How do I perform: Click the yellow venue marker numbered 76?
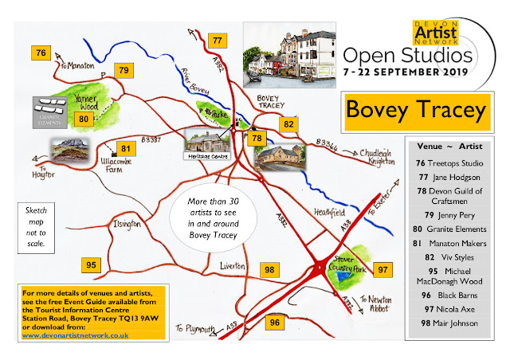(x=41, y=53)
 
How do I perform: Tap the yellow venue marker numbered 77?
(x=216, y=41)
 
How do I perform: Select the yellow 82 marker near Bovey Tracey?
(x=288, y=124)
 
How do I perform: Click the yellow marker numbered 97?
(x=384, y=270)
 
